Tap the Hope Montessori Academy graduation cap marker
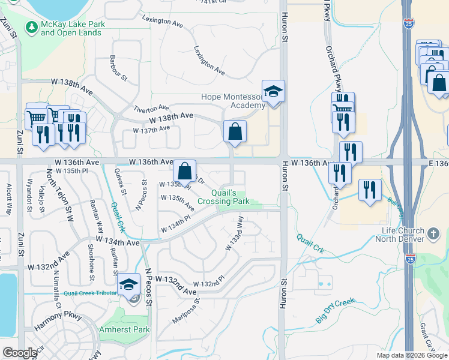pyautogui.click(x=274, y=91)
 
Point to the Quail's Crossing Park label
pyautogui.click(x=223, y=197)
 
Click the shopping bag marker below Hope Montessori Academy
pyautogui.click(x=235, y=130)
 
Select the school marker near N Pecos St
pyautogui.click(x=128, y=284)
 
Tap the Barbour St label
pyautogui.click(x=118, y=68)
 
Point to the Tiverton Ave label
pyautogui.click(x=151, y=107)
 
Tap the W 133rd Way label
pyautogui.click(x=234, y=233)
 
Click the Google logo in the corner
pyautogui.click(x=20, y=353)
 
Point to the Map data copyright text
pyautogui.click(x=412, y=355)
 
